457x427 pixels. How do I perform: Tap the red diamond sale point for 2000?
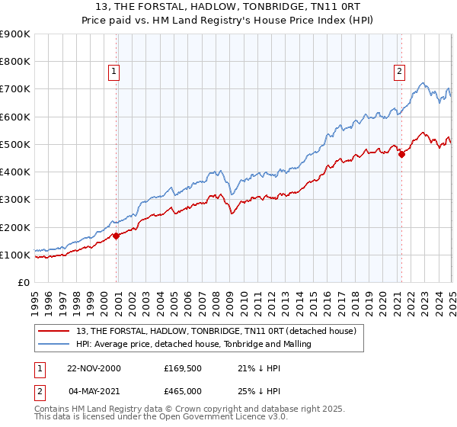pyautogui.click(x=117, y=236)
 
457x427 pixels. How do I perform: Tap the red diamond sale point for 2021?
pyautogui.click(x=401, y=154)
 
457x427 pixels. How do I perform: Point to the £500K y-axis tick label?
pyautogui.click(x=15, y=144)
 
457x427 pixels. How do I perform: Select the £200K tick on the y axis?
pyautogui.click(x=15, y=227)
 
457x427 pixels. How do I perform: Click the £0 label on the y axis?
pyautogui.click(x=24, y=282)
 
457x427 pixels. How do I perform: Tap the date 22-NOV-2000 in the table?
pyautogui.click(x=94, y=368)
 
